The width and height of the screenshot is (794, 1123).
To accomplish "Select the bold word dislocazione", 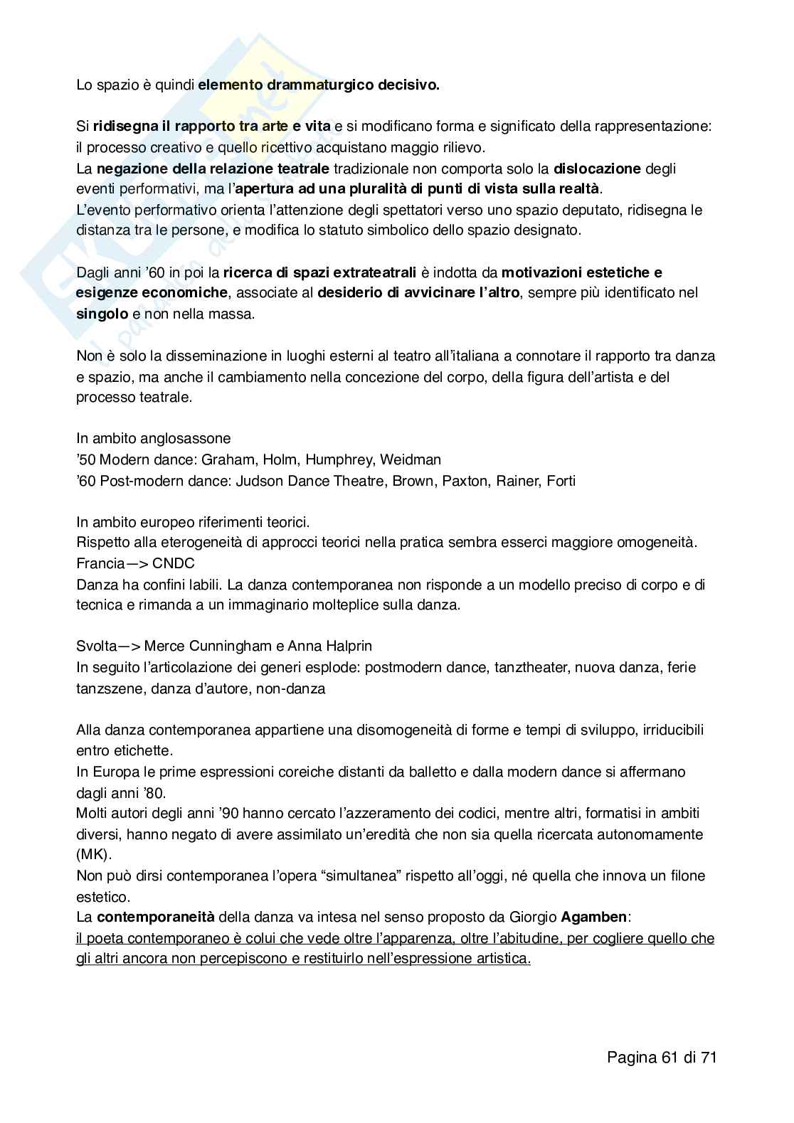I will click(598, 169).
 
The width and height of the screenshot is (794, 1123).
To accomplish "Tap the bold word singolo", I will click(102, 314).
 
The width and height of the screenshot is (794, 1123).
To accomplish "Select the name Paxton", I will click(465, 481).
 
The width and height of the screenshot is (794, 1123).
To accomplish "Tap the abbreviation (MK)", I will click(90, 854).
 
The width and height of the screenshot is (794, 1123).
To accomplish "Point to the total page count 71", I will click(708, 1057).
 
